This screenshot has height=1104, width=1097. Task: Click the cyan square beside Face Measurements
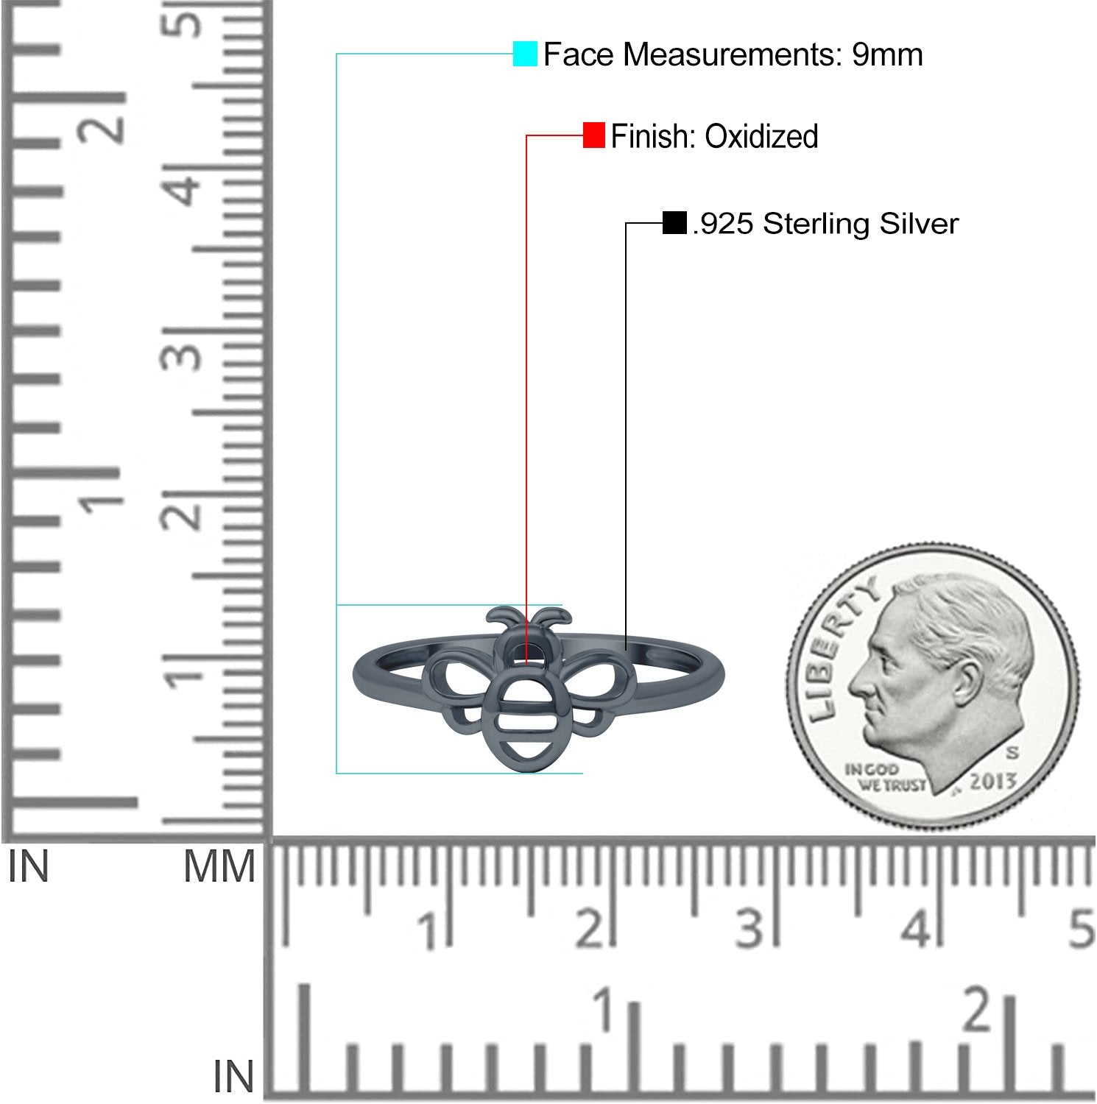coord(525,54)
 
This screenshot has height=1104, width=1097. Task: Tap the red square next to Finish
coord(593,135)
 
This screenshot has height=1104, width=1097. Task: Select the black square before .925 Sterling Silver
coord(674,223)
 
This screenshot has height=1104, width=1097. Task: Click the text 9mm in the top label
coord(887,54)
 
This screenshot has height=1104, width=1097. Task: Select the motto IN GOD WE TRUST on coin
coord(883,777)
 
